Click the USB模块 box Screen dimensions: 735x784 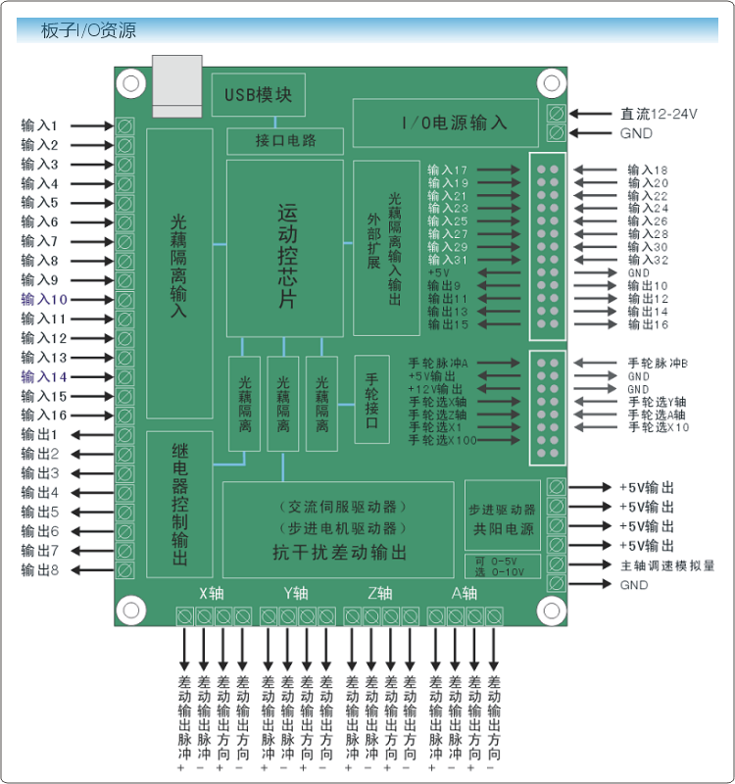tap(259, 95)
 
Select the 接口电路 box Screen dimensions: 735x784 tap(285, 141)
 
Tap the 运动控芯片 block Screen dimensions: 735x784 tap(285, 249)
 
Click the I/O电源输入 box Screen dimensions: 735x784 tap(446, 123)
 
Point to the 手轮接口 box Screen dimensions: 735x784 tap(372, 400)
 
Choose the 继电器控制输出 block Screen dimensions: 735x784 tap(179, 504)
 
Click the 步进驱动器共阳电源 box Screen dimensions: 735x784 tap(503, 515)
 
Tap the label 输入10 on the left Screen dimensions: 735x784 tap(44, 300)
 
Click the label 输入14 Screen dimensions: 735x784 tap(44, 377)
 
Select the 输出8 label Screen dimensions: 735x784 tap(40, 570)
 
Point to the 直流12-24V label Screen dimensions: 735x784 tap(659, 114)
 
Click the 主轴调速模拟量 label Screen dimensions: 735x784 tap(667, 565)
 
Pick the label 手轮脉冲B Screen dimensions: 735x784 tap(658, 364)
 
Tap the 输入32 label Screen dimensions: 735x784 tap(648, 260)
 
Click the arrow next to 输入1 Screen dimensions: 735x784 tap(92, 126)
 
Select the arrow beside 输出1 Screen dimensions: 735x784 tap(92, 435)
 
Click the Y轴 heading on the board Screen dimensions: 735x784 tap(296, 594)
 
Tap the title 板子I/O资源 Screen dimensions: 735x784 tap(88, 30)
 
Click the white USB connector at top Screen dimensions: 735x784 tap(177, 86)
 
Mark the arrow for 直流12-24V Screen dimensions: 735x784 tap(591, 114)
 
